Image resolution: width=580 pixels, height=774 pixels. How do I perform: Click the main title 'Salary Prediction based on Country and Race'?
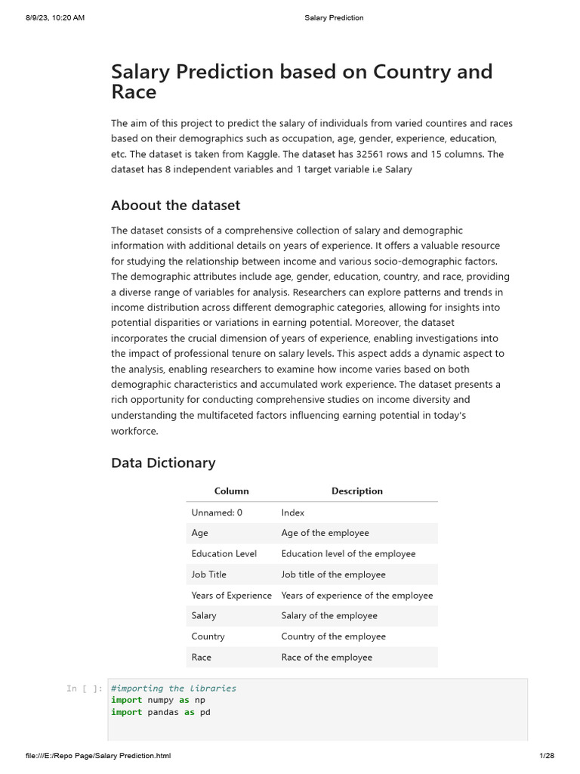click(x=301, y=82)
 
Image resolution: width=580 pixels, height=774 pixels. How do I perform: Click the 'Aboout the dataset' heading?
click(x=175, y=206)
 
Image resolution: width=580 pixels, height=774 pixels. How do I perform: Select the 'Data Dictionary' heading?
click(x=163, y=463)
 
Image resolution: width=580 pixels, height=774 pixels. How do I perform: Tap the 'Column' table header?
click(x=231, y=491)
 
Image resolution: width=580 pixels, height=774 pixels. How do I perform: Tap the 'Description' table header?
click(x=356, y=491)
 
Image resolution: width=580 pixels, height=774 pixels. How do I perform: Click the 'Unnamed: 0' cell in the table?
click(x=217, y=512)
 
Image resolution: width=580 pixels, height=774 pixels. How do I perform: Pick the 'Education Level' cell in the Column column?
click(x=224, y=554)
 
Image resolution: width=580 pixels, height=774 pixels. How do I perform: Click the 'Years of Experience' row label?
click(x=231, y=596)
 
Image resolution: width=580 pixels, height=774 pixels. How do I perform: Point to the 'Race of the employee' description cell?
click(x=326, y=658)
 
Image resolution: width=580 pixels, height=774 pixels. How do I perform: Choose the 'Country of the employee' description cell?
click(x=333, y=636)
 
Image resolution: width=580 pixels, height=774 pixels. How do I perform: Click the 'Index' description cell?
click(x=292, y=512)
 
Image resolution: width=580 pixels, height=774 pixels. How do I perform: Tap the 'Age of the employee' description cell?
click(x=325, y=533)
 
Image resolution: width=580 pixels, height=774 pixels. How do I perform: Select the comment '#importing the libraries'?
click(x=173, y=689)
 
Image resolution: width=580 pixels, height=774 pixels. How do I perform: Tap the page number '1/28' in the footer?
click(x=547, y=756)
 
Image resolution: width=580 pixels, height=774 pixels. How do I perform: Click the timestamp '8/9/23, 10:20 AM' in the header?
click(x=54, y=17)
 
